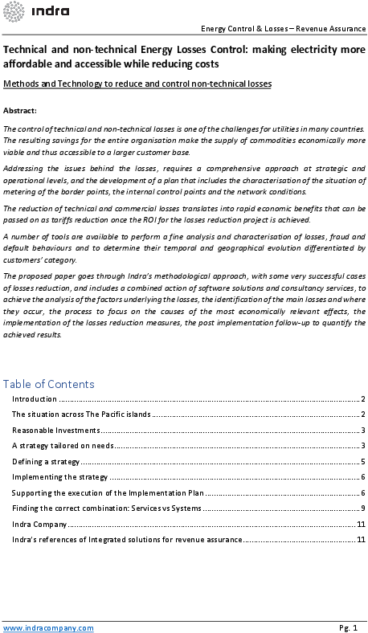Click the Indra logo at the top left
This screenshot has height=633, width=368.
[37, 11]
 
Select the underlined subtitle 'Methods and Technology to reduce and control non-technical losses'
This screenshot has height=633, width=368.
[137, 84]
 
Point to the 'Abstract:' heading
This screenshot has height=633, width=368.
[20, 110]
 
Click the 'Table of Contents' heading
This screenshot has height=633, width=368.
[49, 384]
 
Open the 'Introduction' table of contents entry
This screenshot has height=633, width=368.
[35, 399]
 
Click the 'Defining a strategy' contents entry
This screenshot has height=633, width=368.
[46, 462]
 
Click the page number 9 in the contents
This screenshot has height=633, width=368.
[363, 508]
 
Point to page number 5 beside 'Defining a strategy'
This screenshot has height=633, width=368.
[363, 462]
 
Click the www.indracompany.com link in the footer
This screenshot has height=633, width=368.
[48, 627]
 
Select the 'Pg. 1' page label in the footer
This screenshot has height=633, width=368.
[348, 627]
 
